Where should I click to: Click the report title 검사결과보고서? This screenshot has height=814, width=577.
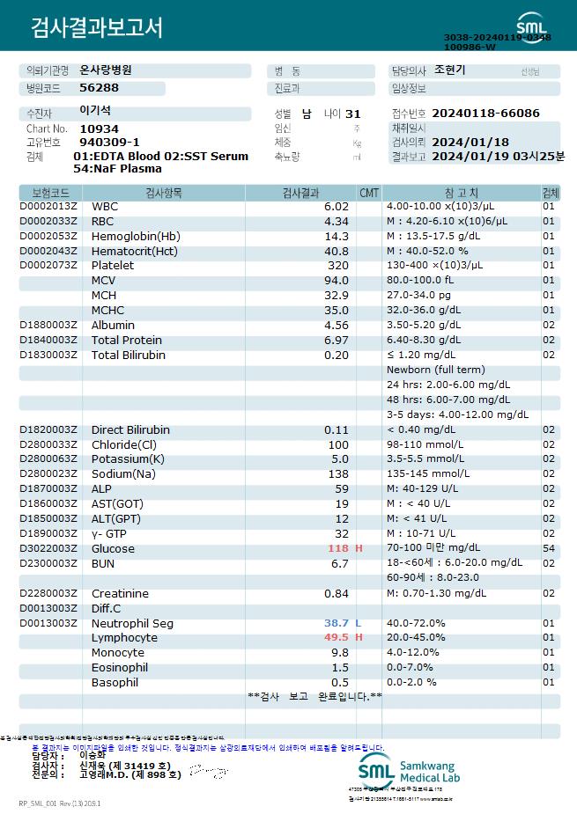tap(96, 28)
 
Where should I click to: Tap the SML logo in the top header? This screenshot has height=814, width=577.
tap(531, 24)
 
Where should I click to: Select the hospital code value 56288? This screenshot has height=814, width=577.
tap(99, 88)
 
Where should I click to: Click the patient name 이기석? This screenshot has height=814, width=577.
tap(95, 111)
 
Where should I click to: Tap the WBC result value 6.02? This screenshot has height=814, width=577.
tap(337, 206)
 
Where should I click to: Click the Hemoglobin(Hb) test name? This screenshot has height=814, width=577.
tap(136, 236)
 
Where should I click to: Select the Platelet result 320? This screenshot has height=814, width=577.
tap(338, 265)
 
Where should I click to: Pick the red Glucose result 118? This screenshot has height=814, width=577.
tap(338, 548)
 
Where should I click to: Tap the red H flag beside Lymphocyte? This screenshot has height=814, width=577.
tap(359, 638)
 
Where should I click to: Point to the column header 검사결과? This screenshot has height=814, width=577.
tap(301, 192)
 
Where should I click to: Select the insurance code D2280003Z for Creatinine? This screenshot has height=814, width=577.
tap(48, 594)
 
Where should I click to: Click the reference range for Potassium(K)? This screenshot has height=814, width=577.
tap(425, 458)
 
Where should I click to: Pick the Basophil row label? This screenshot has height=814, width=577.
tap(115, 683)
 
